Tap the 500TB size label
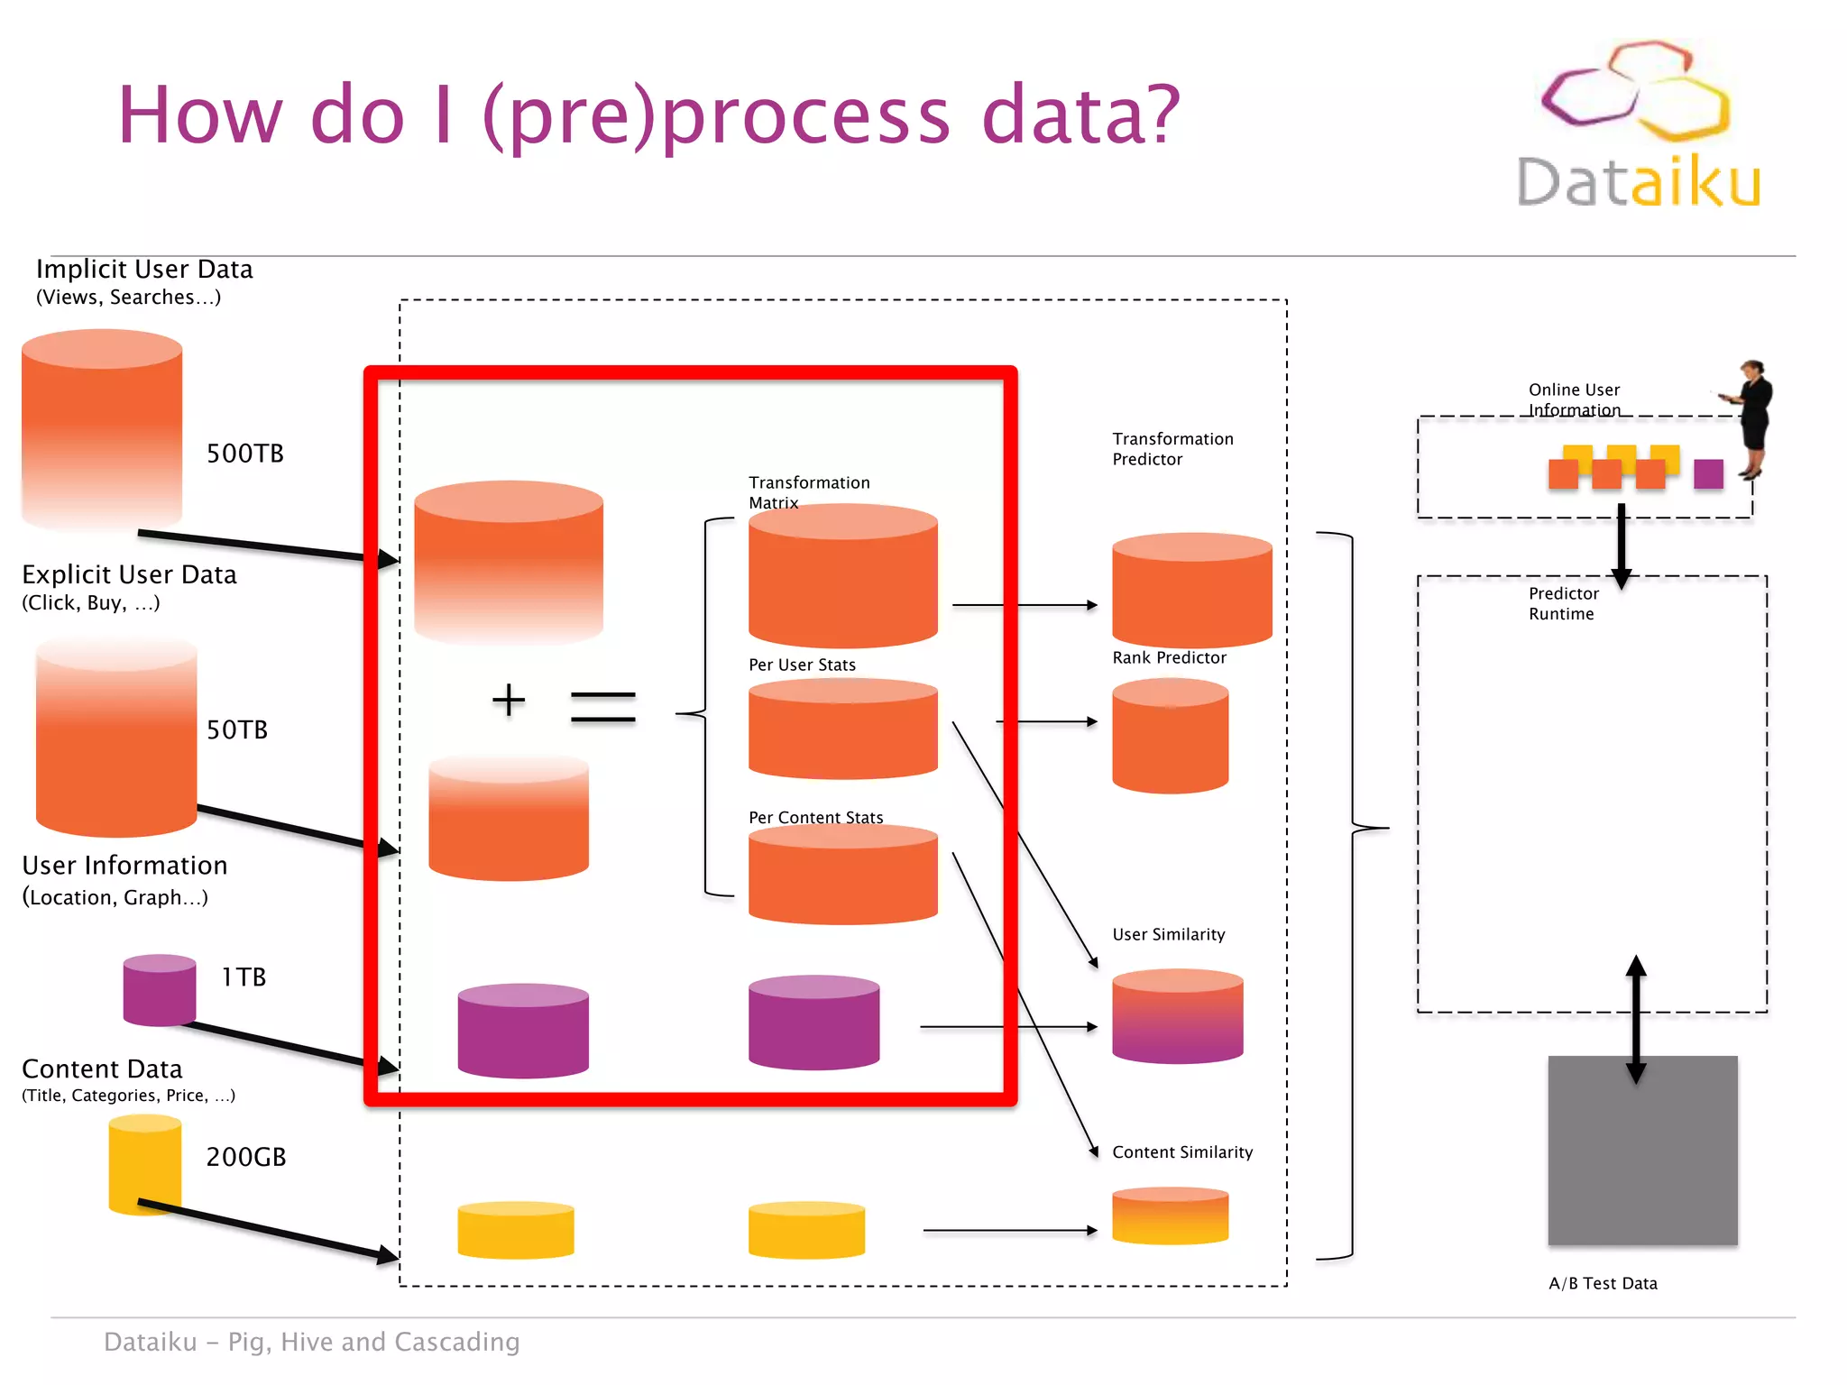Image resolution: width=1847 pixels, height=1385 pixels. (244, 454)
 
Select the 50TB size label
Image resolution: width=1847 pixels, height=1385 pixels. (237, 729)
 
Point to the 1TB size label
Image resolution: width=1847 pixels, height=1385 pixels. (244, 977)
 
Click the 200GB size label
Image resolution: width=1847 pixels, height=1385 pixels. (245, 1157)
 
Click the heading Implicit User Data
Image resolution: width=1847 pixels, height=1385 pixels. (144, 269)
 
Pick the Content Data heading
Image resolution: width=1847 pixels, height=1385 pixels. (102, 1069)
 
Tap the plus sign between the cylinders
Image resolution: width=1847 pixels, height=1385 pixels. (509, 701)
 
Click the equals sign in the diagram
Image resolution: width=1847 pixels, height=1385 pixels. (603, 707)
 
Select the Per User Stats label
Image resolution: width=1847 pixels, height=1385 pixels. (802, 665)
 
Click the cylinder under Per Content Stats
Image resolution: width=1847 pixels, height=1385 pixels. (842, 876)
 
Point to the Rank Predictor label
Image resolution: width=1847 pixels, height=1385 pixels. (1169, 657)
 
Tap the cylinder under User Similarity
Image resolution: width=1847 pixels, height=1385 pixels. (1177, 1016)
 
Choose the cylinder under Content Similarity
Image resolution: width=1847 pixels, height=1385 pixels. (1170, 1216)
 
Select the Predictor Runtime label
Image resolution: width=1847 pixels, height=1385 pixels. (1563, 603)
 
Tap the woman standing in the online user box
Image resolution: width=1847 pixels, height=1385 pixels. (1752, 419)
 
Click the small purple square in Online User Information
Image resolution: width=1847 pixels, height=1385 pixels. (1707, 473)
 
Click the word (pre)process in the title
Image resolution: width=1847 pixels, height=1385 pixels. (717, 115)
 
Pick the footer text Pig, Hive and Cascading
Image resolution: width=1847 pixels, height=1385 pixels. (373, 1342)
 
